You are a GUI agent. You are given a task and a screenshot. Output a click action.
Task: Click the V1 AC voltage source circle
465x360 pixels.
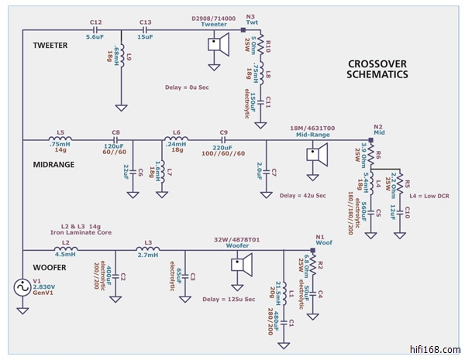pos(22,288)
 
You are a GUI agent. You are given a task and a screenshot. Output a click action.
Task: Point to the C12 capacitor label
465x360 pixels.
pos(95,22)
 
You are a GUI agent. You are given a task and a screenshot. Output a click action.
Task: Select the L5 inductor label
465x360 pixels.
pos(60,132)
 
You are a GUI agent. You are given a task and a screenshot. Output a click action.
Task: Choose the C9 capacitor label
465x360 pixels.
pos(224,132)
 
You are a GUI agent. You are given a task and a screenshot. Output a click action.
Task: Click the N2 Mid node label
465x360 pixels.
pos(378,130)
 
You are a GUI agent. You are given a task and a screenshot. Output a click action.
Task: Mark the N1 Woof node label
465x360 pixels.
pos(320,241)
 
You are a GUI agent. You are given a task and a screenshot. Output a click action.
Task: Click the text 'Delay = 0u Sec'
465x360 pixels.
pos(188,87)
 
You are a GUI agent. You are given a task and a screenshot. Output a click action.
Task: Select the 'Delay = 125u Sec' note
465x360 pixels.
pos(228,298)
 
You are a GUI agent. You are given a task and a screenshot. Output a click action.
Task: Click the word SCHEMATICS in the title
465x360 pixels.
pos(377,74)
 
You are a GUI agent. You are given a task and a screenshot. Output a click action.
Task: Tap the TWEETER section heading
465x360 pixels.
pos(50,46)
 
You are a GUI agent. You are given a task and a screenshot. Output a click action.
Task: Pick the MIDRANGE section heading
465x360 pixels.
pos(54,164)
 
